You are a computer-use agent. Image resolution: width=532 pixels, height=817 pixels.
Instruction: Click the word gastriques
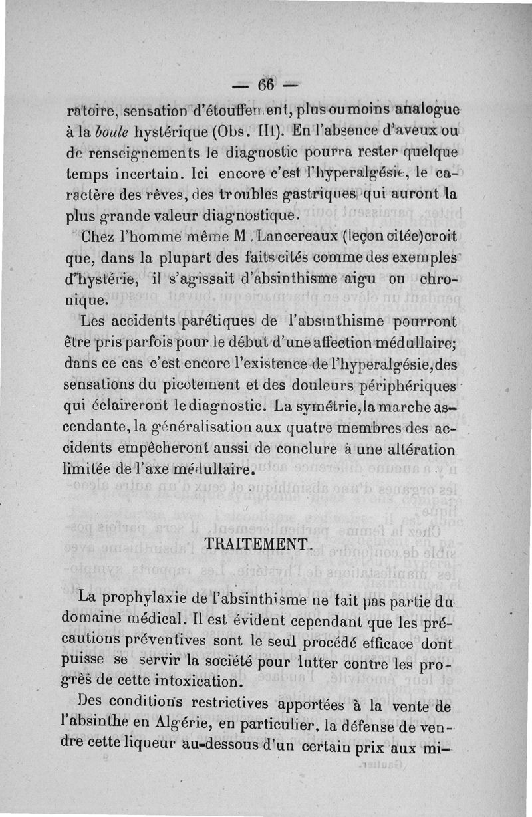point(303,196)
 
